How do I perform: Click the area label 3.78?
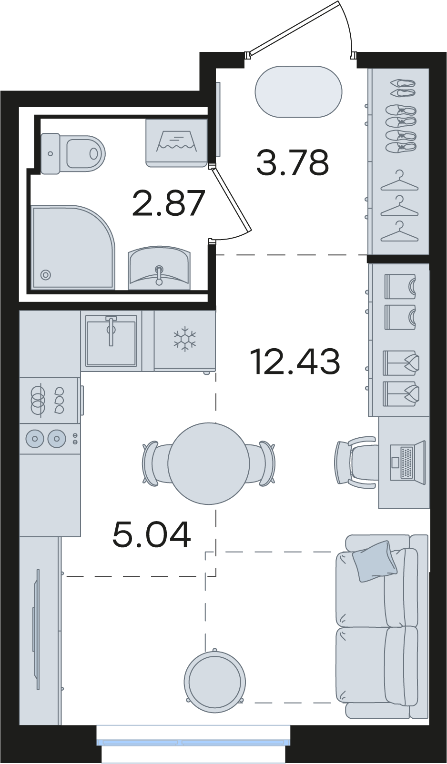click(x=293, y=163)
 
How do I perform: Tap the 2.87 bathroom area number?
click(x=169, y=203)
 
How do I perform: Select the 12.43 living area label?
click(x=295, y=362)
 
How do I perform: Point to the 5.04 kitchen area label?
click(x=151, y=535)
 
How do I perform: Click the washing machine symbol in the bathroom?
click(x=176, y=142)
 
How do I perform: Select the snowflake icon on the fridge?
click(x=184, y=339)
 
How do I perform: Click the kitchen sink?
click(x=111, y=341)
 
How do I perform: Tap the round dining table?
click(x=209, y=463)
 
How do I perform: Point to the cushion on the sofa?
click(x=375, y=561)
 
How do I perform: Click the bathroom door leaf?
click(x=231, y=199)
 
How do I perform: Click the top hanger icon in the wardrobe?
click(x=399, y=182)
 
